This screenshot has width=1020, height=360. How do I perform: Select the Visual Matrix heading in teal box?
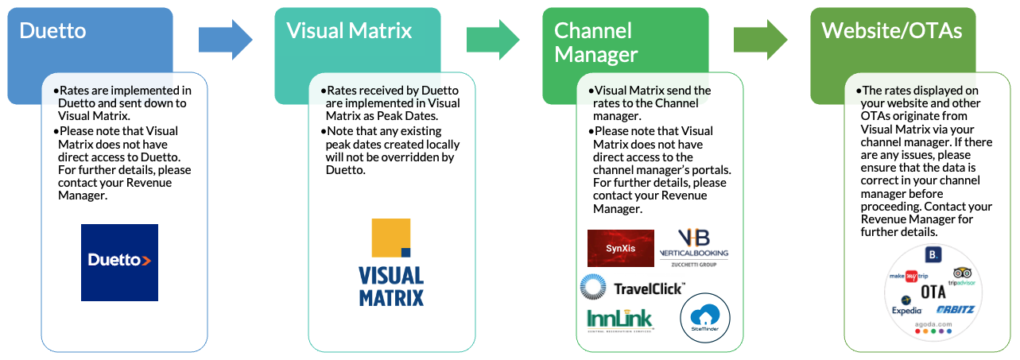point(349,31)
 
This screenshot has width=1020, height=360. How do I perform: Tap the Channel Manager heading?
point(595,42)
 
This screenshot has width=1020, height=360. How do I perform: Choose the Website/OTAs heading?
point(891,31)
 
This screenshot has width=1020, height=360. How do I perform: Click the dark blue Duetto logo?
point(119,262)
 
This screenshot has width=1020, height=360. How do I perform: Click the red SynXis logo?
point(620,248)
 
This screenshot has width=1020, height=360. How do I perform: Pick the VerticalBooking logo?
point(693,246)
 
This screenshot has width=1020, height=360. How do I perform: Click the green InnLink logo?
point(619,319)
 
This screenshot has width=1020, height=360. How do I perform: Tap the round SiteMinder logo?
point(705,320)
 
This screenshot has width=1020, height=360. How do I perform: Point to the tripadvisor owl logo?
point(962,276)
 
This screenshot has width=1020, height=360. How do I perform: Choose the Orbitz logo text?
point(955,309)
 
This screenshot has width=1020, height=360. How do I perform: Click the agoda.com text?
point(933,323)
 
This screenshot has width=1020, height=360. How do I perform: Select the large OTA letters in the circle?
point(933,292)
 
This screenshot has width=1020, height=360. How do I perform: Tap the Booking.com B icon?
point(933,254)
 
